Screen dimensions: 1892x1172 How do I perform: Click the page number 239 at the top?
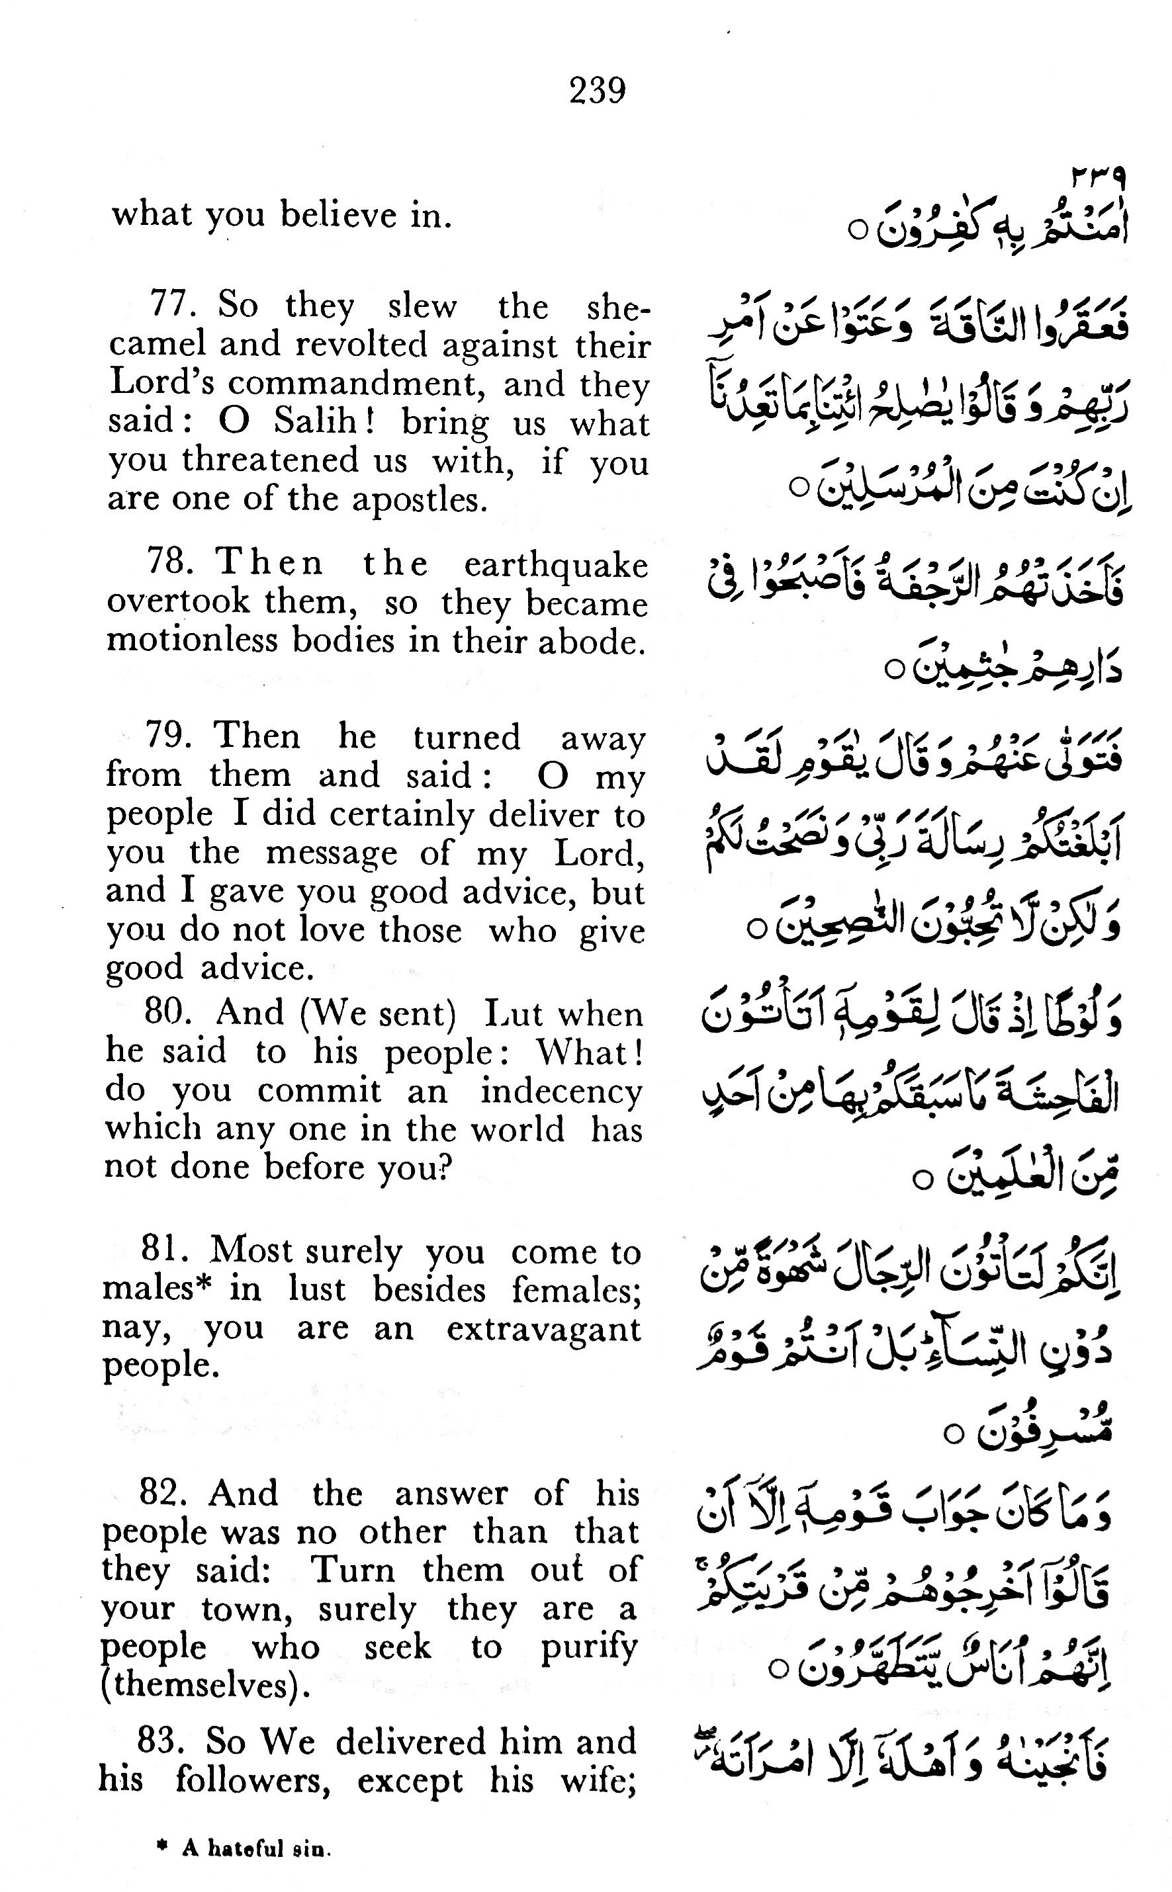(x=597, y=91)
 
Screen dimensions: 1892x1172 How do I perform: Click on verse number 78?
(x=171, y=562)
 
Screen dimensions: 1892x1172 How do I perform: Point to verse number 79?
(x=168, y=734)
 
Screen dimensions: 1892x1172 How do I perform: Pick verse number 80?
(x=167, y=1012)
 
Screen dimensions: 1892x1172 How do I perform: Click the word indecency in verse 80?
(x=561, y=1091)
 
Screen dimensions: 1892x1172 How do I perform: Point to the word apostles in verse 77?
(x=420, y=499)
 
